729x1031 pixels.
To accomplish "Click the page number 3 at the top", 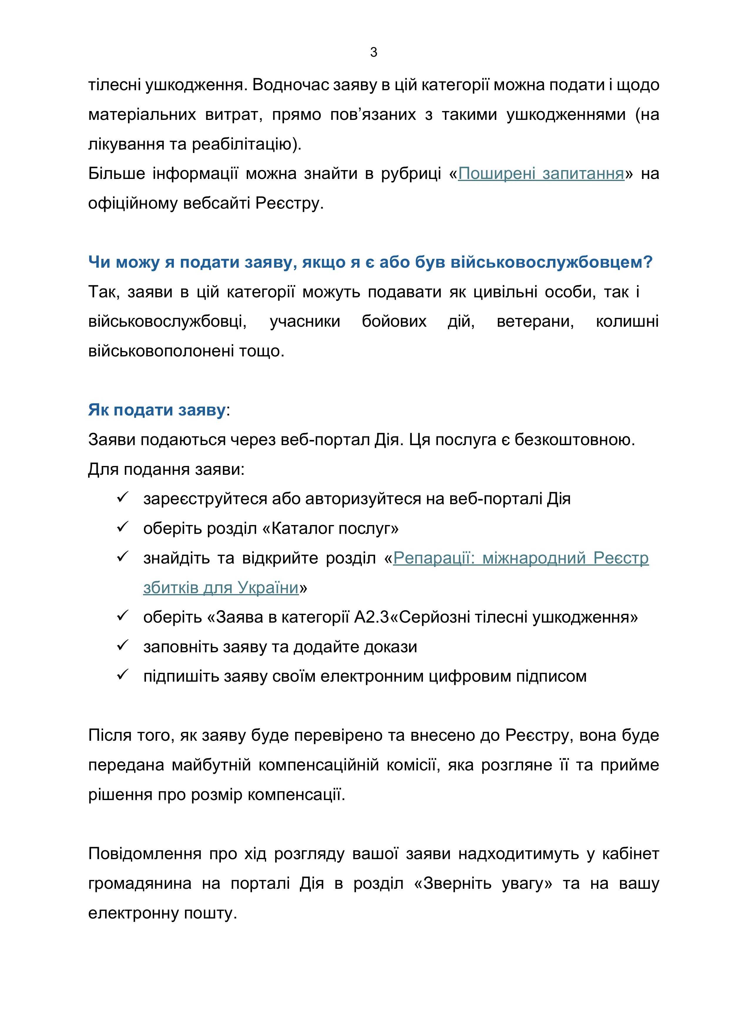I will pos(374,53).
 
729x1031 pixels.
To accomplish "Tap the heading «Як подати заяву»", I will pos(157,410).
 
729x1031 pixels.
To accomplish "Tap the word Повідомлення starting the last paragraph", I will pos(145,854).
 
